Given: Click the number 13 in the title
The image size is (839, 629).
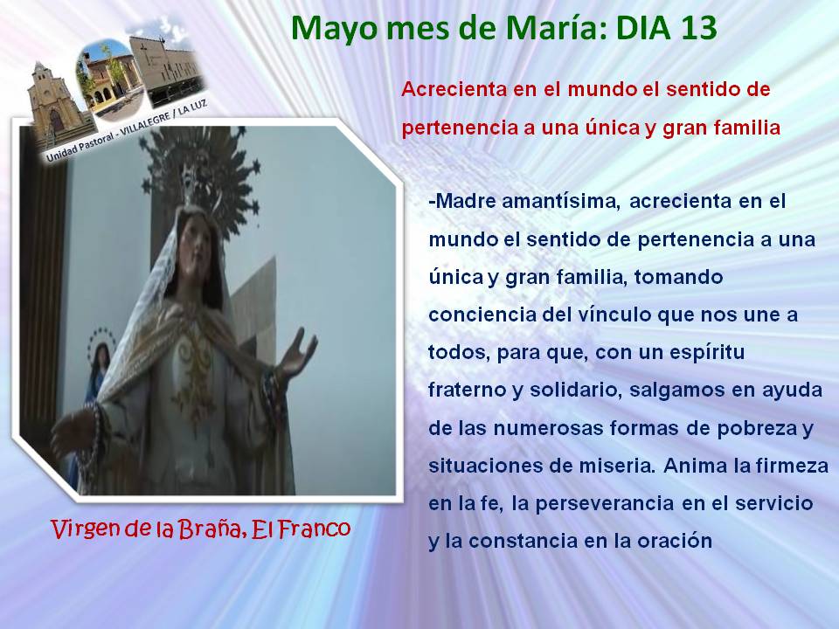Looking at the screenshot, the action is pos(699,28).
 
